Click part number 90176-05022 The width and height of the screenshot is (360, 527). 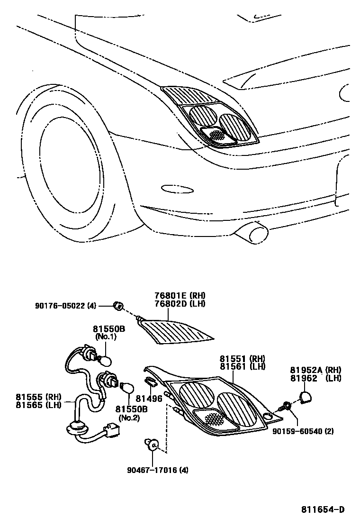coord(64,306)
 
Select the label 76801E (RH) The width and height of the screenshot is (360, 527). coord(180,296)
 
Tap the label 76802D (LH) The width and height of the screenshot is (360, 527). coord(180,304)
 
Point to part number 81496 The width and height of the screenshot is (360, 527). coord(150,399)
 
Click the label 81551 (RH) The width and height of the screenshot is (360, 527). coord(242,359)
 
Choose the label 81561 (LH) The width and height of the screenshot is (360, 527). coord(242,366)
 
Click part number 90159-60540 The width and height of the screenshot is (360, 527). coord(296,431)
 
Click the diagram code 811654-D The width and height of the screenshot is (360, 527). coord(323,510)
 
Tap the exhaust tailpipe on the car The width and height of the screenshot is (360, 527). coord(258,234)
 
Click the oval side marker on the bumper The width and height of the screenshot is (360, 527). coord(177,189)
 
